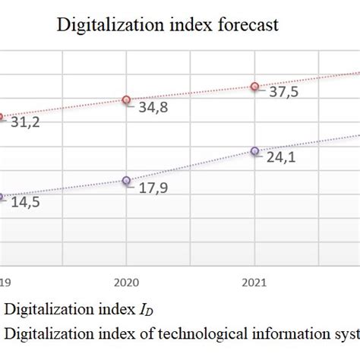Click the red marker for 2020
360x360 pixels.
click(127, 99)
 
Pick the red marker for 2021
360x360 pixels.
click(254, 86)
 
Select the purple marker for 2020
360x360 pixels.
click(127, 180)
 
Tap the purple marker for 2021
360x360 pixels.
click(254, 150)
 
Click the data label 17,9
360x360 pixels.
click(152, 188)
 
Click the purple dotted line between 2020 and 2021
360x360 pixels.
click(191, 166)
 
